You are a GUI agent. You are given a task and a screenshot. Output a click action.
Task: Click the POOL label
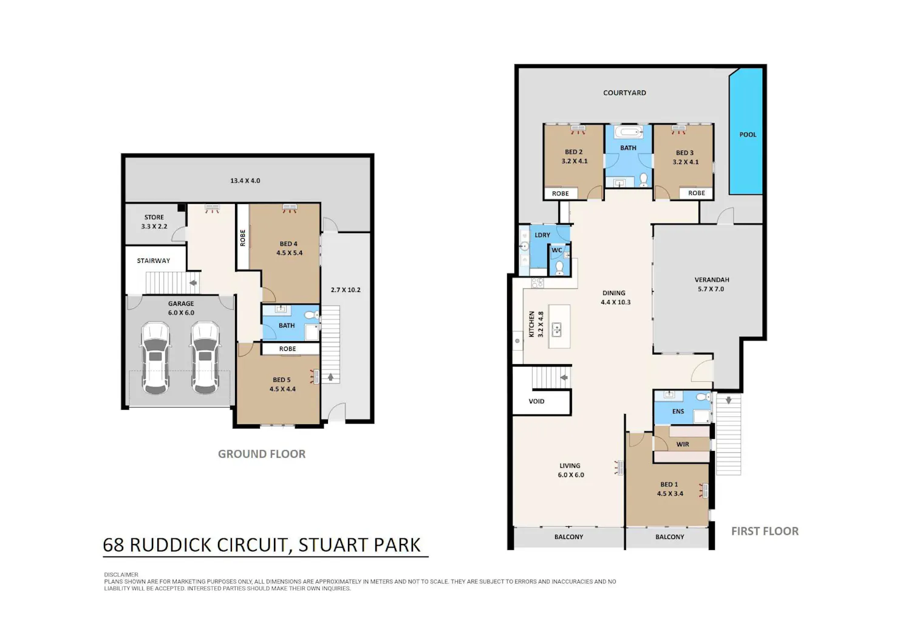[748, 135]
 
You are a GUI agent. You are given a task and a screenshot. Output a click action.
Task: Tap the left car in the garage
[155, 358]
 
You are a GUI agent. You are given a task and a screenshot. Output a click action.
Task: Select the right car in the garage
[205, 358]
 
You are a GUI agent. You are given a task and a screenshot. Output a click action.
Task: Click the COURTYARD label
[624, 93]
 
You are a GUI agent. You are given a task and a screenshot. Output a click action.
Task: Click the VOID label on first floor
[536, 401]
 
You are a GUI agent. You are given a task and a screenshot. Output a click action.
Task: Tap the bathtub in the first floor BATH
[629, 132]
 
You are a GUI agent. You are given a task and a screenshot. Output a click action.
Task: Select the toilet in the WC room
[559, 268]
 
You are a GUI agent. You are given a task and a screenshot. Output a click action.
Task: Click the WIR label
[683, 444]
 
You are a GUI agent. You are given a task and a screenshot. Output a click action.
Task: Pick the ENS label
[678, 412]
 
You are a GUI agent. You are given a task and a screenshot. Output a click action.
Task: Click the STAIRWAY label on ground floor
[153, 260]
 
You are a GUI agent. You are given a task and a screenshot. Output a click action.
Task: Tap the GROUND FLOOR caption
[262, 454]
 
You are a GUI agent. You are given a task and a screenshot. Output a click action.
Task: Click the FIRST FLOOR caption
[765, 531]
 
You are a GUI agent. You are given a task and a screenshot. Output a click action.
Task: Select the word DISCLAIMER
[121, 574]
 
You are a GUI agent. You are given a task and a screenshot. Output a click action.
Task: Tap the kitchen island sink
[556, 330]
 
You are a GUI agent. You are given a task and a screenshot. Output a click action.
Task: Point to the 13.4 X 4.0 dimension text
[245, 180]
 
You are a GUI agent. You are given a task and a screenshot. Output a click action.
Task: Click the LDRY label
[542, 235]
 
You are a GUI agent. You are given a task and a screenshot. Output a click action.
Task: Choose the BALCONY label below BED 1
[669, 537]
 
